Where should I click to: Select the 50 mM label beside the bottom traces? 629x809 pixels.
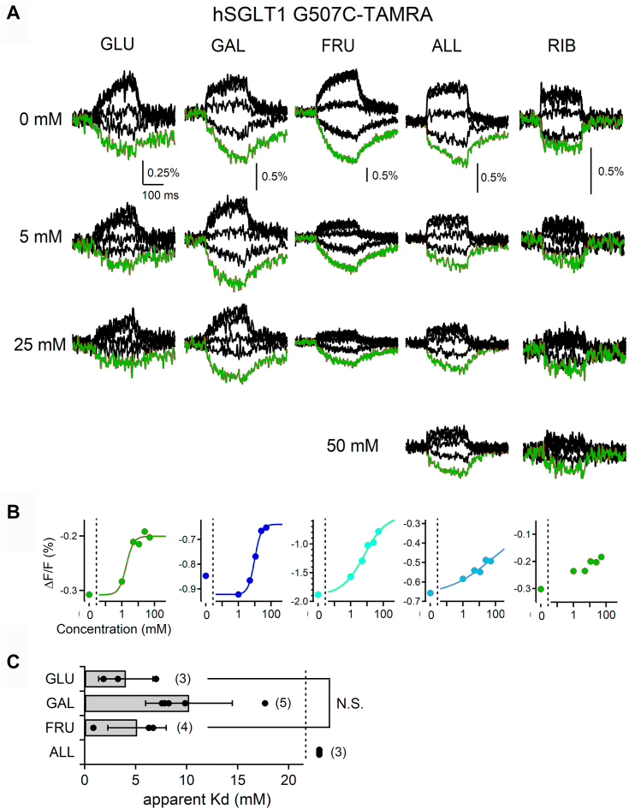coord(353,446)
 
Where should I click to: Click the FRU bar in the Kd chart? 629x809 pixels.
coord(110,728)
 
